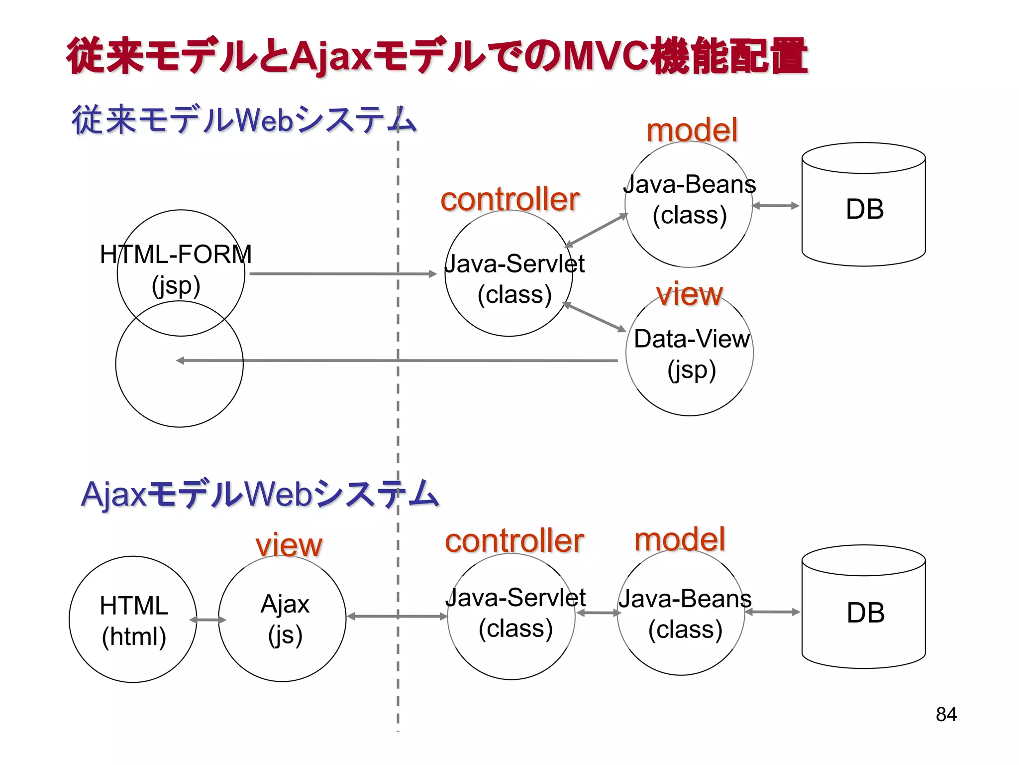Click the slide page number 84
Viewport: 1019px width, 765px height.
point(946,714)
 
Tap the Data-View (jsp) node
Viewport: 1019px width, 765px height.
point(691,354)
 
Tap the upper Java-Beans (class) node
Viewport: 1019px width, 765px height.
point(689,200)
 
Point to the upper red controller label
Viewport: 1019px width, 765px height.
point(509,199)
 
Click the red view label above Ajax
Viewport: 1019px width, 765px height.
point(289,545)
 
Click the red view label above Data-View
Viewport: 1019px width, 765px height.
point(689,294)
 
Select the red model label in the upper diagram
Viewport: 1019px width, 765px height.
point(692,130)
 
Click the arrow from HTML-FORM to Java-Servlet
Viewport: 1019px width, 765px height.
point(343,273)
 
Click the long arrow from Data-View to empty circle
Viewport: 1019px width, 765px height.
point(398,360)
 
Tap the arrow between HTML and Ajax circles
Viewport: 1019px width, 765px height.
point(208,620)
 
